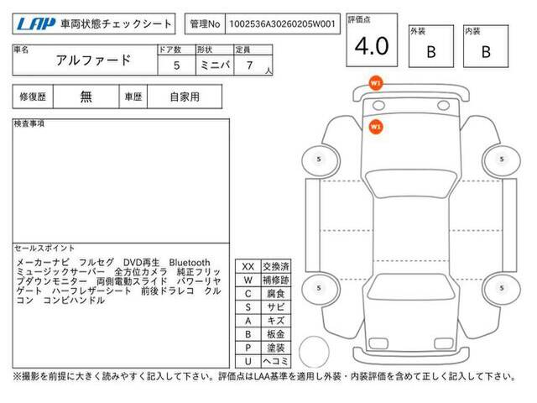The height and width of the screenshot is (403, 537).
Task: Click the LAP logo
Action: (x=36, y=24)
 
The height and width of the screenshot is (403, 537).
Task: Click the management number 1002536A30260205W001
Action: (x=282, y=24)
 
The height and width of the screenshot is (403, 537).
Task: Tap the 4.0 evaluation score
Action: (x=372, y=46)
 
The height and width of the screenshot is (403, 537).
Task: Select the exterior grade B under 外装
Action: (x=431, y=52)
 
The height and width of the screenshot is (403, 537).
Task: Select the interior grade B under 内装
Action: (x=486, y=52)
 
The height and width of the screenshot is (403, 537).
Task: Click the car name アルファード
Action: (x=93, y=60)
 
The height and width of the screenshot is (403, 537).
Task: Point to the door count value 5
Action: (x=177, y=65)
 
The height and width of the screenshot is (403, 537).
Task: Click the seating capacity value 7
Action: (x=250, y=65)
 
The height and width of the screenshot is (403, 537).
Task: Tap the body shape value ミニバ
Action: (x=215, y=65)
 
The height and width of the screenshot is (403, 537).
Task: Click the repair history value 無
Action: (x=86, y=97)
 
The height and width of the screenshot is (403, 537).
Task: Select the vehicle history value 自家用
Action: (x=185, y=97)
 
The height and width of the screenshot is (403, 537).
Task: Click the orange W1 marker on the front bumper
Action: (x=376, y=83)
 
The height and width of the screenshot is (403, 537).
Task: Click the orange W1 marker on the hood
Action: (x=376, y=127)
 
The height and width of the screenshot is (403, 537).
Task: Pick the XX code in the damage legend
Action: (x=248, y=267)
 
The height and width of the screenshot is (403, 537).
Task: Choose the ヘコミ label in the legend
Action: (x=276, y=361)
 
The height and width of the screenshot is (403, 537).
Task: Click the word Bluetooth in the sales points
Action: (x=190, y=263)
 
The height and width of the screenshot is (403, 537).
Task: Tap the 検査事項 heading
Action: (x=29, y=123)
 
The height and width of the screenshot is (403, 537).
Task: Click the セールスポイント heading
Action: (x=44, y=249)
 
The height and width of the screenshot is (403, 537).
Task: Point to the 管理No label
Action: (x=205, y=24)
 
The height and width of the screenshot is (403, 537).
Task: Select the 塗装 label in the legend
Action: (x=276, y=348)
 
